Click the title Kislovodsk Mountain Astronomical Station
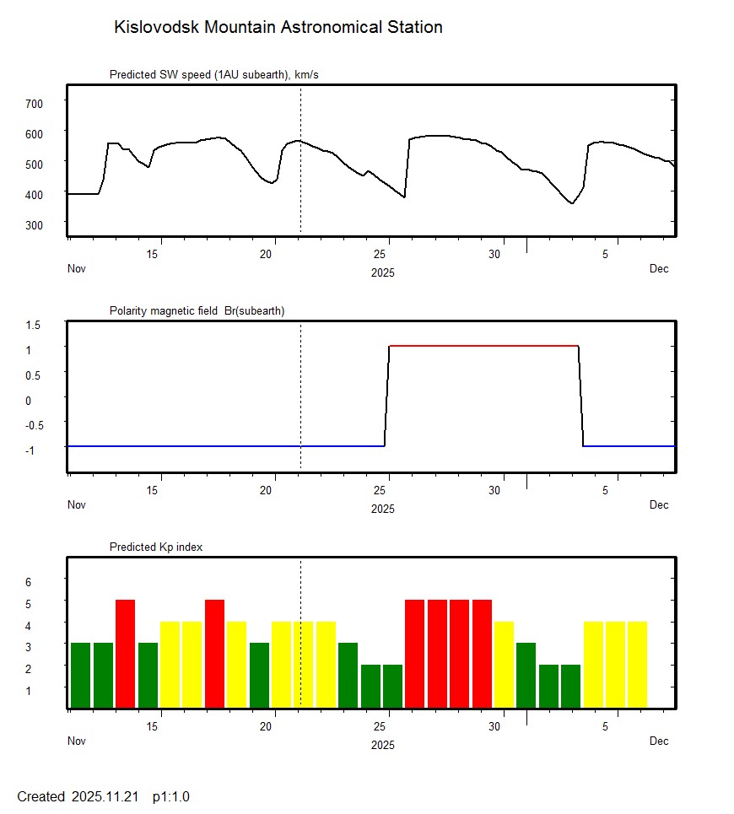click(x=278, y=27)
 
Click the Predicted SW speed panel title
click(x=213, y=75)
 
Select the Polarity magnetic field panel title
click(x=197, y=310)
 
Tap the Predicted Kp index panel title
click(x=156, y=547)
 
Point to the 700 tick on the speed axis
click(x=34, y=103)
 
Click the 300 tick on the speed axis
click(x=34, y=224)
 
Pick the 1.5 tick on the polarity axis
click(x=34, y=325)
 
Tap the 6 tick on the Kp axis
click(x=28, y=582)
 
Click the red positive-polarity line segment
click(x=483, y=346)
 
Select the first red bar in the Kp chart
click(x=125, y=653)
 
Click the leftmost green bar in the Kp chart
click(x=80, y=675)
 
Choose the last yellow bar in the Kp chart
click(x=637, y=664)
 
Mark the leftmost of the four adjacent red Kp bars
click(x=414, y=653)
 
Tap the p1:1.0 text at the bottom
click(x=171, y=796)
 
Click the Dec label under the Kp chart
click(x=659, y=741)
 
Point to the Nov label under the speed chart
click(x=77, y=269)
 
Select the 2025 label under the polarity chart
click(x=382, y=509)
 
